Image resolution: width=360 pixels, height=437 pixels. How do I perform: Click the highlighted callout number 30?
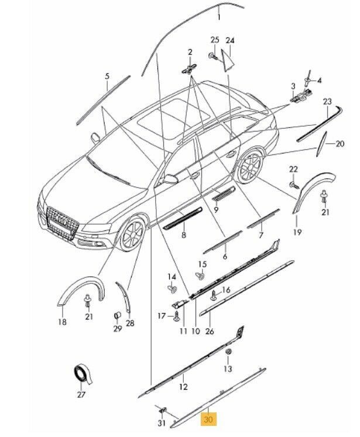[209, 419]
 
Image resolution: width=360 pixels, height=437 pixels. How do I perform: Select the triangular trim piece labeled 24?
[227, 59]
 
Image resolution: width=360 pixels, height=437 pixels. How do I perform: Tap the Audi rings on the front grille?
[58, 217]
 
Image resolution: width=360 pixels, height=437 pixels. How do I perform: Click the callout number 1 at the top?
[219, 18]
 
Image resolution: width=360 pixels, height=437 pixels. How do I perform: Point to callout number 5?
[107, 77]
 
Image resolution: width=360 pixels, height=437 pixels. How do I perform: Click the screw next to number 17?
[176, 315]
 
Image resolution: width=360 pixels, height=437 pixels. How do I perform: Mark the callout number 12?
[183, 387]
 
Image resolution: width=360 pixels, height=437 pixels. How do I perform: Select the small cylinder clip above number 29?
[116, 317]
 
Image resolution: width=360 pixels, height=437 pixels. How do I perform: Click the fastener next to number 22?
[292, 185]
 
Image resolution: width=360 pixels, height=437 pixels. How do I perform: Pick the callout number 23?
[327, 102]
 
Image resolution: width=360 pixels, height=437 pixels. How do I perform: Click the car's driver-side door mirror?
[170, 179]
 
